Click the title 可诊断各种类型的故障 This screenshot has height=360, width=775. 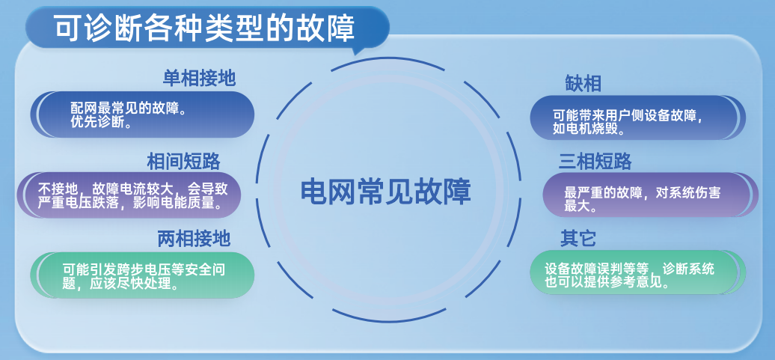click(205, 29)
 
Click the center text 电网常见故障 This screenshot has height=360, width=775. click(386, 192)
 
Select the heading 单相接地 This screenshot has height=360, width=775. click(199, 78)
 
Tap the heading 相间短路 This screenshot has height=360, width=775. click(183, 162)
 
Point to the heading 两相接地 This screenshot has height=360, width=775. click(194, 239)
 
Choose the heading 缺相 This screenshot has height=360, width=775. click(583, 83)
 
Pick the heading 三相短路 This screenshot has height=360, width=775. click(595, 162)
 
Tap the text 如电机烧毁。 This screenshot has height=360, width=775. click(589, 129)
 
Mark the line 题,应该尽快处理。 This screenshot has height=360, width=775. click(120, 284)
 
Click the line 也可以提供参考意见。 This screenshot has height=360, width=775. click(607, 283)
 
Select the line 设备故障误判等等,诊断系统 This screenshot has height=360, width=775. click(629, 269)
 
